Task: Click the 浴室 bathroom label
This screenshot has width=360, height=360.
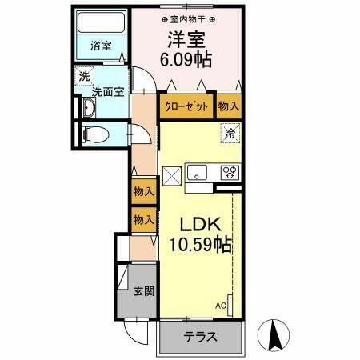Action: tap(101, 46)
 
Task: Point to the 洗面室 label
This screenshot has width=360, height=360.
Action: tap(107, 91)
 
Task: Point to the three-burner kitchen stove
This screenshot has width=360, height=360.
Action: tap(230, 171)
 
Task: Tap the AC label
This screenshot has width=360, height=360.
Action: tap(220, 305)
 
